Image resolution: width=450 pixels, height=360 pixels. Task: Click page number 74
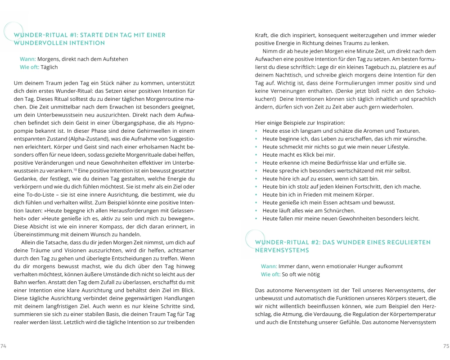pyautogui.click(x=4, y=346)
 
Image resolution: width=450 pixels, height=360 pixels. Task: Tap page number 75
pyautogui.click(x=446, y=346)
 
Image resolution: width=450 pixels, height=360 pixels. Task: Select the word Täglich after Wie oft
pyautogui.click(x=48, y=67)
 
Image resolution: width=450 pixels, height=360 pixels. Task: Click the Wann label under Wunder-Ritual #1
pyautogui.click(x=27, y=59)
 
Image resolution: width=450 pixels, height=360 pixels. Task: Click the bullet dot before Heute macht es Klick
pyautogui.click(x=256, y=155)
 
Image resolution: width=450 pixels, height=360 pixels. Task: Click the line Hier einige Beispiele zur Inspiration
pyautogui.click(x=300, y=123)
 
